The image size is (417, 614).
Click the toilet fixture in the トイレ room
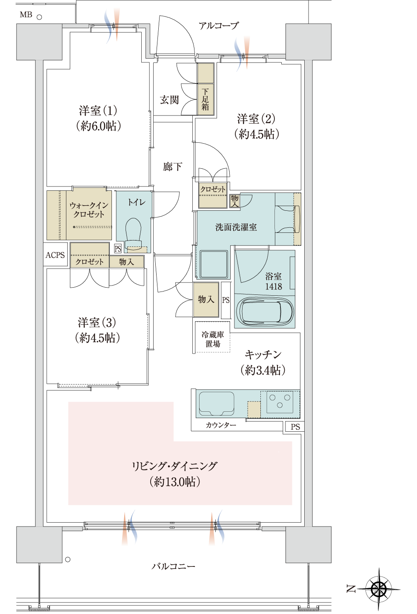pos(134,233)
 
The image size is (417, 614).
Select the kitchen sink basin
pos(216,404)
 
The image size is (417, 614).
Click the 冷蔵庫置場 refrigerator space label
pos(213,339)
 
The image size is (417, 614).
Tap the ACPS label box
pos(55,255)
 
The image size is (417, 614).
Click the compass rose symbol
pos(379,589)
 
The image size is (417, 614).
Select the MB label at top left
pos(26,15)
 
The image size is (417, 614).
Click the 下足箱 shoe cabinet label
pos(206,99)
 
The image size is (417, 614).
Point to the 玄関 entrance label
pos(169,100)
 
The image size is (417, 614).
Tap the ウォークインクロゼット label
pos(89,209)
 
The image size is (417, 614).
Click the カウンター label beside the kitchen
pos(221,425)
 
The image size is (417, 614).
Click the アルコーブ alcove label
pos(219,26)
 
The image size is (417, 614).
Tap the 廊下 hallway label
pos(172,167)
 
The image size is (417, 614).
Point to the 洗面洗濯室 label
pos(236,227)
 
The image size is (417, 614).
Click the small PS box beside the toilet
pos(118,248)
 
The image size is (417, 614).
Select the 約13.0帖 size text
pos(175,481)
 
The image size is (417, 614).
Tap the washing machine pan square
pos(214,265)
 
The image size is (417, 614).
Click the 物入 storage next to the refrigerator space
pos(206,300)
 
